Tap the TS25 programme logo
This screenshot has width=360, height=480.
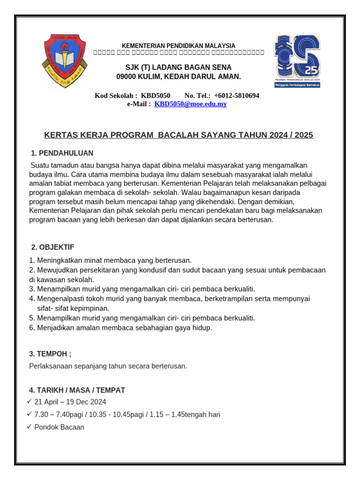[297, 61]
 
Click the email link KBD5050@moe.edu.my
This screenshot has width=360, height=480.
[190, 104]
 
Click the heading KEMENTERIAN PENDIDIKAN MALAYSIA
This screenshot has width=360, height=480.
[179, 45]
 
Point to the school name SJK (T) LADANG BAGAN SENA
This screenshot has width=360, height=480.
[178, 67]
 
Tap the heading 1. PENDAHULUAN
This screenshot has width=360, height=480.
[62, 153]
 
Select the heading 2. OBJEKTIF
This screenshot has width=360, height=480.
[52, 247]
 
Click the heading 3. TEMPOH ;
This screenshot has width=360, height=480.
[51, 354]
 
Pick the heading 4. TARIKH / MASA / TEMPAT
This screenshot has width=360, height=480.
[77, 390]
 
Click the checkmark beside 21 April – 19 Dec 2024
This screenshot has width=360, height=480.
[30, 402]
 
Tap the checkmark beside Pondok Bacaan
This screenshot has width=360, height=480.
[30, 427]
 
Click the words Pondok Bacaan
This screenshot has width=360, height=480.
[59, 427]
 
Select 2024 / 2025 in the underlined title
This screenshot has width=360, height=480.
[291, 135]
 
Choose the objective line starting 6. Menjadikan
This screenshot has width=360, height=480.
[120, 328]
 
